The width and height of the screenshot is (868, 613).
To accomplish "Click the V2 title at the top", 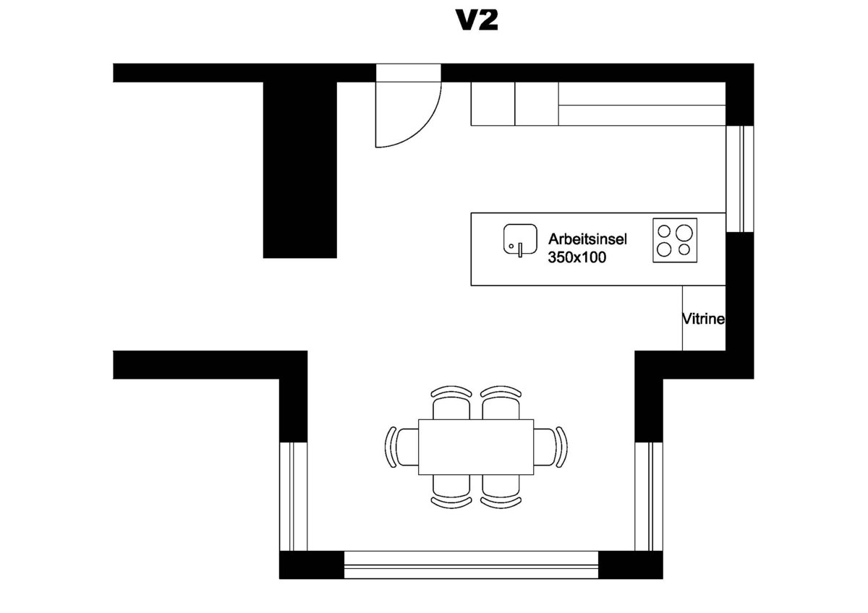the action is (x=477, y=20).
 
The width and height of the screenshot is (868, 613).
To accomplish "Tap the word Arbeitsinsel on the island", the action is (x=587, y=239).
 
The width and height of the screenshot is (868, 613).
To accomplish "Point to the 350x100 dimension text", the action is (x=577, y=257).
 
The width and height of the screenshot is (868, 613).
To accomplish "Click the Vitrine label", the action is (x=703, y=319).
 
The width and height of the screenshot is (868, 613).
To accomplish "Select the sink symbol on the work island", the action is (x=520, y=240).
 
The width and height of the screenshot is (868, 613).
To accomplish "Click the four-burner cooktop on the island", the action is (x=675, y=241).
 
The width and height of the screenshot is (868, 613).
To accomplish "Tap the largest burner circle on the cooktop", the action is (x=684, y=233).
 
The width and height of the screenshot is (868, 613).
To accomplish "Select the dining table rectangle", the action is (x=476, y=447).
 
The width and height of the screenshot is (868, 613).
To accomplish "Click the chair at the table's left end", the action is (x=402, y=447).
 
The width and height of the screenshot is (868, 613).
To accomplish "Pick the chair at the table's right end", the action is (x=550, y=447).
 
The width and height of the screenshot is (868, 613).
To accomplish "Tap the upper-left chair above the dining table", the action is (x=451, y=403).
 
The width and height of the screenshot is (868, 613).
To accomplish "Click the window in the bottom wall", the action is (x=471, y=565).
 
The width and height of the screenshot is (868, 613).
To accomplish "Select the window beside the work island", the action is (x=740, y=179).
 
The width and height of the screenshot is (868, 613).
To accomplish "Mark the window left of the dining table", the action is (x=294, y=497).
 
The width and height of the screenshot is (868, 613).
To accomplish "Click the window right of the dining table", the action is (x=649, y=497).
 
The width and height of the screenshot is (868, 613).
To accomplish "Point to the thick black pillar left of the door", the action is (x=300, y=170).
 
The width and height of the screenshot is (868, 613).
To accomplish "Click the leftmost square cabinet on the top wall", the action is (x=493, y=104).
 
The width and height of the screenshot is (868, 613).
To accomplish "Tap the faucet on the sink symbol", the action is (x=520, y=249).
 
